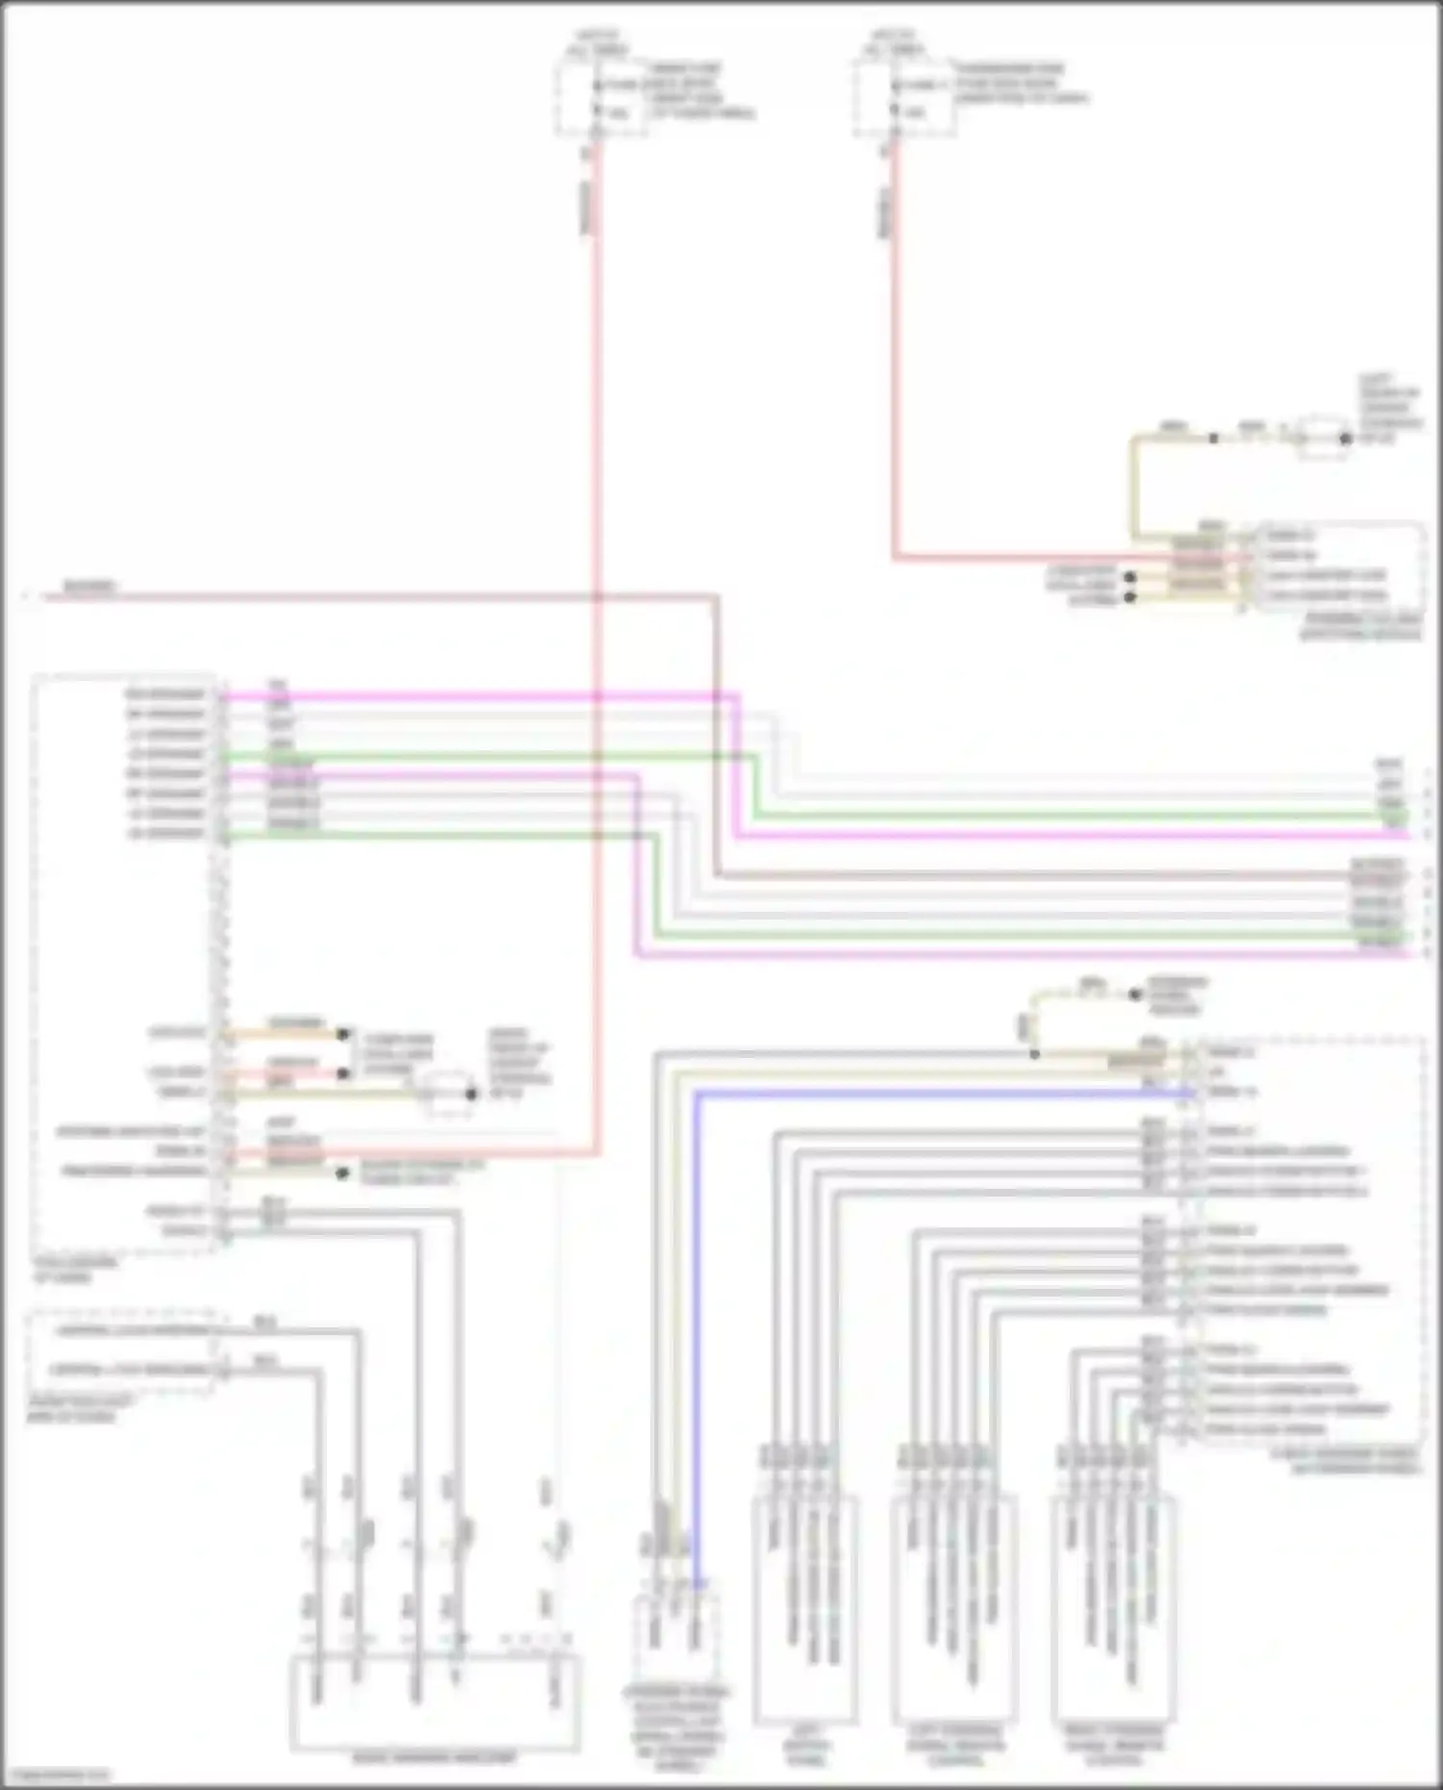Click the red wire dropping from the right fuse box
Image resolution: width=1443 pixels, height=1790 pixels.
pyautogui.click(x=894, y=385)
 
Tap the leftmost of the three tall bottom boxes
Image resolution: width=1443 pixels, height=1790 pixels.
pyautogui.click(x=806, y=1606)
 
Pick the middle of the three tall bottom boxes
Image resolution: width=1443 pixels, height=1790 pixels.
pyautogui.click(x=953, y=1606)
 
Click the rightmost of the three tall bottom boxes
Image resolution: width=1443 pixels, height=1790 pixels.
pyautogui.click(x=1114, y=1606)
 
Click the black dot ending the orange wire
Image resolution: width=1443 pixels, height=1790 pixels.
pyautogui.click(x=342, y=1035)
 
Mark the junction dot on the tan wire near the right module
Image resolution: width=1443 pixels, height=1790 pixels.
pyautogui.click(x=1034, y=1054)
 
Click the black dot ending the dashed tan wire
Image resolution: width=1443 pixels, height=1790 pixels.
pyautogui.click(x=1135, y=995)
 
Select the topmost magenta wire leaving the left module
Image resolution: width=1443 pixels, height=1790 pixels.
pyautogui.click(x=481, y=695)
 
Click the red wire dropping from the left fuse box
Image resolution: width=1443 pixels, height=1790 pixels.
pyautogui.click(x=596, y=577)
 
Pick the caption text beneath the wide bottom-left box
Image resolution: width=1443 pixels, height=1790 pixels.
pyautogui.click(x=435, y=1757)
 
